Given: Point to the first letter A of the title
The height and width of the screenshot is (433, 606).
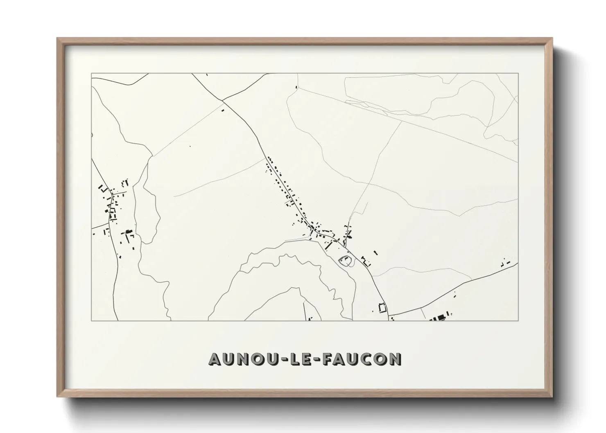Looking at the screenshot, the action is pos(216,359).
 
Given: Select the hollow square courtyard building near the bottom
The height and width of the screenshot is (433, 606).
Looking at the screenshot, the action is pos(382,307).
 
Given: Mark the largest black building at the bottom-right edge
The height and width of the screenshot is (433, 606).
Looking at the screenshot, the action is pos(441,317).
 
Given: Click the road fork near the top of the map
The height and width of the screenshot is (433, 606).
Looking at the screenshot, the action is pos(223,100).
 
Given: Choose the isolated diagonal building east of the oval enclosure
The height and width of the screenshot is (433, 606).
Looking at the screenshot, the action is pos(375,253).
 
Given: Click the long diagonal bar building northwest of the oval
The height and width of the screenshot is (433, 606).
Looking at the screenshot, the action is pos(328,245).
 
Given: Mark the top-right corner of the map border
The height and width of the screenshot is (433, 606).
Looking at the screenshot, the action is pos(518,73).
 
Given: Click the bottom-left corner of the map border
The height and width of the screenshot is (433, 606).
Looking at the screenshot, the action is pos(91,320).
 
